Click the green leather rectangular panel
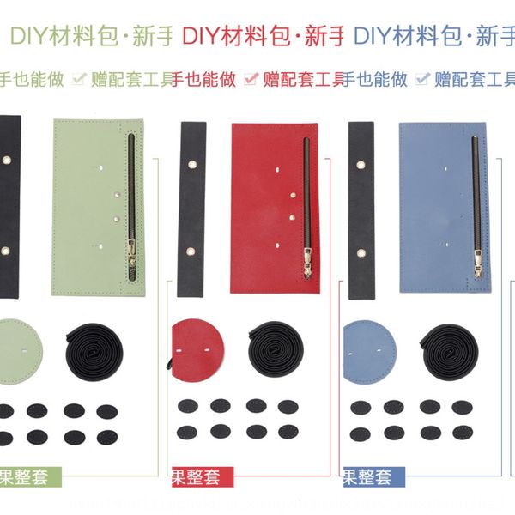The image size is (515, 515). click(x=86, y=206)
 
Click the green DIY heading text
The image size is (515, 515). click(x=90, y=37)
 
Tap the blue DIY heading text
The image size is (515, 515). click(x=433, y=37)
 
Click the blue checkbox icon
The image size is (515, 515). click(x=422, y=80)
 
